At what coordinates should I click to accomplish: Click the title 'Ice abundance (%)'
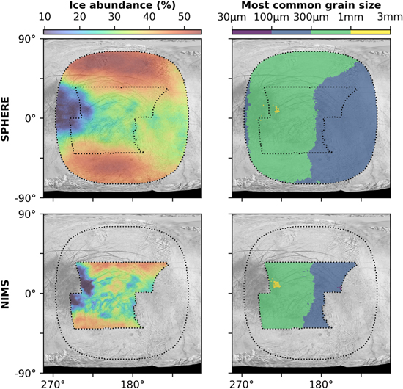[122, 5]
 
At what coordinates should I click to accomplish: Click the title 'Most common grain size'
[311, 5]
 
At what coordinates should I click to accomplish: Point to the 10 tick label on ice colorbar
[45, 17]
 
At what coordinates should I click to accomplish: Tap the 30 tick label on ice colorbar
[114, 17]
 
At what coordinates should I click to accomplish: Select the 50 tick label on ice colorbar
[185, 17]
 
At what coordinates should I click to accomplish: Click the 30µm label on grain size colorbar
[232, 18]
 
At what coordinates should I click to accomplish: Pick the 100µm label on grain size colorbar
[272, 18]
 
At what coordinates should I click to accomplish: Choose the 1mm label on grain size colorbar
[351, 18]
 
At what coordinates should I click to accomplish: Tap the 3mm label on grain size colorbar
[390, 18]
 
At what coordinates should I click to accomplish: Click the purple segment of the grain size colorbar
[252, 32]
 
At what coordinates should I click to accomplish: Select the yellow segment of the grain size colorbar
[371, 32]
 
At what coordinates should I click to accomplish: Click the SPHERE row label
[5, 119]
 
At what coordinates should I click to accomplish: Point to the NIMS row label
[5, 294]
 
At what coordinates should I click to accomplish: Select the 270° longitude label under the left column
[53, 384]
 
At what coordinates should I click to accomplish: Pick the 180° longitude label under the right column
[321, 384]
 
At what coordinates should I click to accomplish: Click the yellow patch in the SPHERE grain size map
[277, 110]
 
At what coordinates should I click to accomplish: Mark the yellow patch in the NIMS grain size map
[276, 284]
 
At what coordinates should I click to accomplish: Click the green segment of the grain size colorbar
[331, 32]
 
